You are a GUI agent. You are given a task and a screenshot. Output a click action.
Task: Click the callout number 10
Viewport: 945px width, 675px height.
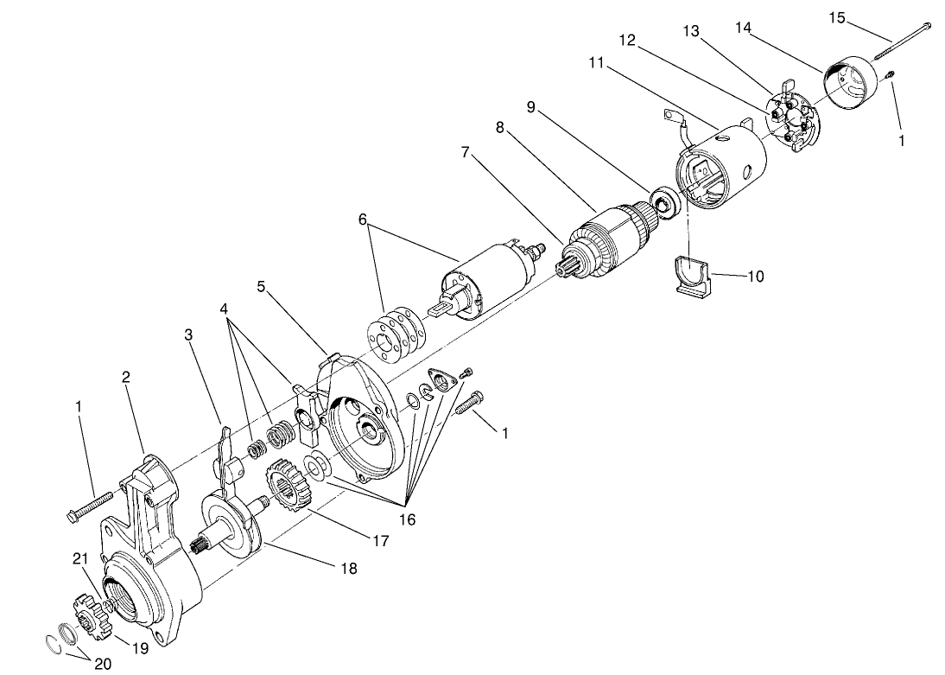point(754,277)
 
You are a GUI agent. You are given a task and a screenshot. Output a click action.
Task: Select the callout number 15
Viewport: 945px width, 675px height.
point(837,17)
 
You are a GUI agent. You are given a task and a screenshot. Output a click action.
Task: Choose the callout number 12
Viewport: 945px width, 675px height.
point(627,40)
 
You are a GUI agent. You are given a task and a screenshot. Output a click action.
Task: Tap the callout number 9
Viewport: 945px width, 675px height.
point(531,107)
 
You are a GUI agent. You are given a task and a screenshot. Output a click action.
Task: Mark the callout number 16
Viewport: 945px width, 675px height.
point(406,519)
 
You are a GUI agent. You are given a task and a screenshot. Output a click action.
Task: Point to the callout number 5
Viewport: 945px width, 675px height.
point(260,286)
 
